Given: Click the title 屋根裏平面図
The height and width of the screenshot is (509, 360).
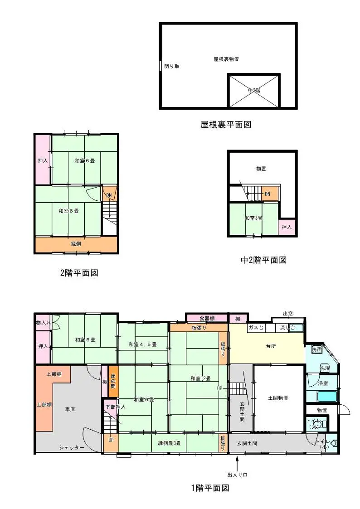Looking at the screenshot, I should (225, 124).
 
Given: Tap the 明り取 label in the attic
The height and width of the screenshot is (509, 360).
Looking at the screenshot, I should (172, 66).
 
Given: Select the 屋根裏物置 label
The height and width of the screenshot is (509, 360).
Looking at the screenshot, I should (226, 59).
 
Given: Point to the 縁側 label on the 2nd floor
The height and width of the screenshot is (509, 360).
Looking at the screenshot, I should (76, 244).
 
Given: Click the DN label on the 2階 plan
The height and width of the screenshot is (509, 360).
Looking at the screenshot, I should (109, 195).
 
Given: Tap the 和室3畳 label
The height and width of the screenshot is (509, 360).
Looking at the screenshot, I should (253, 218).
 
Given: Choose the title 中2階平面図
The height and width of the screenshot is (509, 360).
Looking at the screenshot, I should (263, 260).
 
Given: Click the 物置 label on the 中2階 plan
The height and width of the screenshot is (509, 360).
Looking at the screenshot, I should (261, 169).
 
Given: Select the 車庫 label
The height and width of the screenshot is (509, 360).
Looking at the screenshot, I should (69, 409).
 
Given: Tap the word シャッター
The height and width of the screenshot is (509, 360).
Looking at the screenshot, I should (72, 447).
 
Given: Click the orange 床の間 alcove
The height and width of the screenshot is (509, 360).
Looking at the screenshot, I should (113, 382).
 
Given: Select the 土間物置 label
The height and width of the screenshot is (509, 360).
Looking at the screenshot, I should (278, 398).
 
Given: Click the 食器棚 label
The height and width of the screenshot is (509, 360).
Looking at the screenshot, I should (207, 318).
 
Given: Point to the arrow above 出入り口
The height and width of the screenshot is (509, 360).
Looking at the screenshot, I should (237, 464).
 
